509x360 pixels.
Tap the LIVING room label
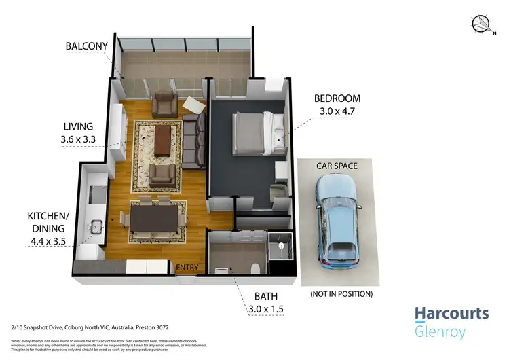tap(78, 126)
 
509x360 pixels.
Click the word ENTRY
tap(187, 268)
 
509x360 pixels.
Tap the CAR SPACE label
tap(337, 165)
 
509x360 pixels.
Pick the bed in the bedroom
tap(254, 132)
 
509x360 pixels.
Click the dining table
tap(157, 219)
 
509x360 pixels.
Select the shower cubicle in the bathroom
tap(279, 256)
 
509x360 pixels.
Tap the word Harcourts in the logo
tap(451, 314)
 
